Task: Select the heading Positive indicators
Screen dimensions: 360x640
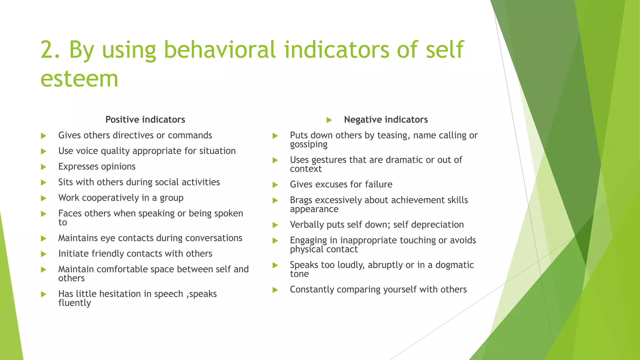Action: [x=145, y=119]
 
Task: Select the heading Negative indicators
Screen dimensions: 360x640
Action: [x=386, y=119]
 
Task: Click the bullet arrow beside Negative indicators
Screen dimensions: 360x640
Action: [x=329, y=120]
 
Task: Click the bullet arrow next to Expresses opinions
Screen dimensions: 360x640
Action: [x=44, y=167]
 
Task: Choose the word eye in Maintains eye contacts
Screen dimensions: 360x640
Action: [x=108, y=238]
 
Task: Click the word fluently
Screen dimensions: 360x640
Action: [x=74, y=303]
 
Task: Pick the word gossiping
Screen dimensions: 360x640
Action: [x=308, y=144]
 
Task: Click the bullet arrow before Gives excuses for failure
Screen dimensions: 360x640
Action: [x=275, y=185]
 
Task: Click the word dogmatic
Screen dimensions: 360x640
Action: [x=454, y=265]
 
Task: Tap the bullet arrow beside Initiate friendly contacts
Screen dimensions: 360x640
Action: [x=44, y=254]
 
